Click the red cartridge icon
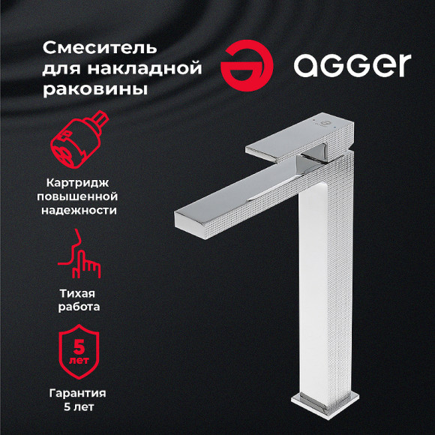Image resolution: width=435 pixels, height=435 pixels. (x=78, y=145)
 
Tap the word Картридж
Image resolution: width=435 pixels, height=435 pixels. (x=79, y=181)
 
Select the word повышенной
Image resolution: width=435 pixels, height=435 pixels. (x=79, y=196)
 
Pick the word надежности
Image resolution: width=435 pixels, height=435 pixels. (x=79, y=210)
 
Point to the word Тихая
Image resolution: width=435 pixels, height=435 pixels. (x=79, y=292)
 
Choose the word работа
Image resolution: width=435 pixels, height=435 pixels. (x=79, y=306)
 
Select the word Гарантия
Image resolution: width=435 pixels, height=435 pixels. (x=79, y=393)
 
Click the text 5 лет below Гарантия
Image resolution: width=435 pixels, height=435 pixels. (x=79, y=407)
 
